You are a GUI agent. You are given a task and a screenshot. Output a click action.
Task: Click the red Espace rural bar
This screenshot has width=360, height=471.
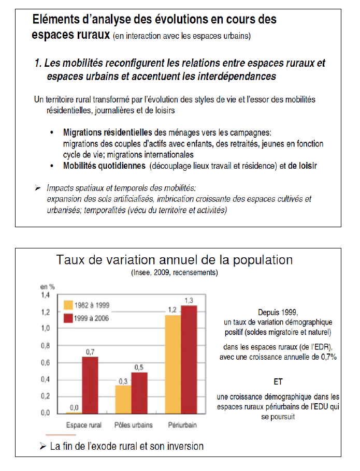90,385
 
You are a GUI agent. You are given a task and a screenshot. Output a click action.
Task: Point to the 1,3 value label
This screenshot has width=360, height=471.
190,301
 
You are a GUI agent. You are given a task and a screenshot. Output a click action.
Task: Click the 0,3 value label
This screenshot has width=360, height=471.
123,381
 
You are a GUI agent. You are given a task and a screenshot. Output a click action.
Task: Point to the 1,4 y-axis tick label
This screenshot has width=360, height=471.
46,295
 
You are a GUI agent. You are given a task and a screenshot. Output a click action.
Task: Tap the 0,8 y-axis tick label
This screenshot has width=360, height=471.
46,346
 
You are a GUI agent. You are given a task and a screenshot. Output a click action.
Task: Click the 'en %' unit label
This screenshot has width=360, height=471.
47,286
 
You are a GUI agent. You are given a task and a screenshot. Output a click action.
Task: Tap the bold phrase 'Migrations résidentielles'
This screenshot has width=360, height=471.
107,132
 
